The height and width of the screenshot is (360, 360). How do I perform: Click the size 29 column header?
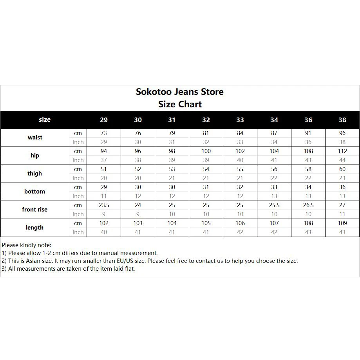click(x=104, y=120)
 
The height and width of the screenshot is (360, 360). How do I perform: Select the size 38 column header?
click(x=342, y=120)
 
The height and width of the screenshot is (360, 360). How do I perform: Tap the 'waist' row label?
click(x=35, y=137)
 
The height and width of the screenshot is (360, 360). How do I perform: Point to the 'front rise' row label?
click(x=35, y=210)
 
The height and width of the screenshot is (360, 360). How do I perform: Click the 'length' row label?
click(x=35, y=228)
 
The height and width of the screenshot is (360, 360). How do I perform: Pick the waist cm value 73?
click(x=104, y=133)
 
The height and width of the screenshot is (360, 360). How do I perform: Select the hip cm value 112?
click(x=342, y=151)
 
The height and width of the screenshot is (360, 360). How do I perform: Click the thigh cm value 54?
click(x=206, y=169)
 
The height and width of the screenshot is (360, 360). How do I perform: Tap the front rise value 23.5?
click(x=104, y=205)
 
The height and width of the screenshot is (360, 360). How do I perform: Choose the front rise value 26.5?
click(x=308, y=205)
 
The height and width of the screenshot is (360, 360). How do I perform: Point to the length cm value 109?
click(x=342, y=223)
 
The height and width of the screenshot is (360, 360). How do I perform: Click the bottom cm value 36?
click(x=342, y=187)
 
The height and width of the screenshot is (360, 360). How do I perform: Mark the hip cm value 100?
click(x=206, y=151)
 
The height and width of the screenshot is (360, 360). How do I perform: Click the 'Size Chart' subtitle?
click(x=180, y=104)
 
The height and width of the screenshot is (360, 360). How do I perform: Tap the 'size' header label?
click(x=45, y=119)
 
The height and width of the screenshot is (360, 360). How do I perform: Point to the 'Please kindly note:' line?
click(x=26, y=245)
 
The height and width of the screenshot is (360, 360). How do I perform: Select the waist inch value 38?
click(x=342, y=142)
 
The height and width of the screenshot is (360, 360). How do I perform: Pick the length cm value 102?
click(x=104, y=223)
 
